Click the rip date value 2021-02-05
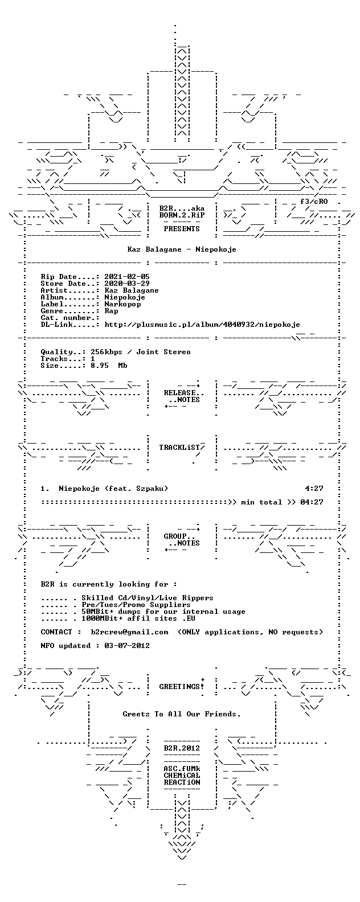(127, 277)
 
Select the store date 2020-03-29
(127, 284)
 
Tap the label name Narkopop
(122, 304)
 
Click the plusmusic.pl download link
(202, 325)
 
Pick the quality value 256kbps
(107, 352)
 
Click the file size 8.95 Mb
(109, 366)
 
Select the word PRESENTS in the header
(182, 229)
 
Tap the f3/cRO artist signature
(314, 202)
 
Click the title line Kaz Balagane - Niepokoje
(182, 249)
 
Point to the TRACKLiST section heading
(179, 448)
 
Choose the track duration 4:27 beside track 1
(314, 489)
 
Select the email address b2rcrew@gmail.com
(129, 632)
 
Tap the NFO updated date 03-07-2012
(127, 646)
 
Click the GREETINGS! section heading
(182, 687)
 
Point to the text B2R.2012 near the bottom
(182, 748)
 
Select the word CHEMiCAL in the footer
(182, 776)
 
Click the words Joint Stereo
(163, 352)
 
